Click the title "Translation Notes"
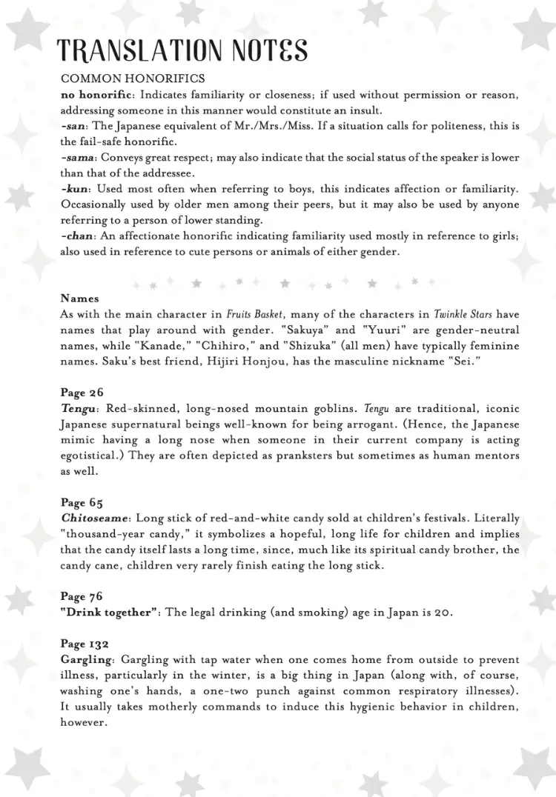pyautogui.click(x=182, y=50)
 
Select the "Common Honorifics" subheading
pyautogui.click(x=133, y=79)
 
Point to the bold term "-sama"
pyautogui.click(x=77, y=158)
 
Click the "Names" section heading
pyautogui.click(x=79, y=299)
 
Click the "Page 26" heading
pyautogui.click(x=82, y=393)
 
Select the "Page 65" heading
pyautogui.click(x=82, y=503)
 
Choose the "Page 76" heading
pyautogui.click(x=82, y=596)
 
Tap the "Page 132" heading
pyautogui.click(x=85, y=644)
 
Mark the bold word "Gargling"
pyautogui.click(x=87, y=659)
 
